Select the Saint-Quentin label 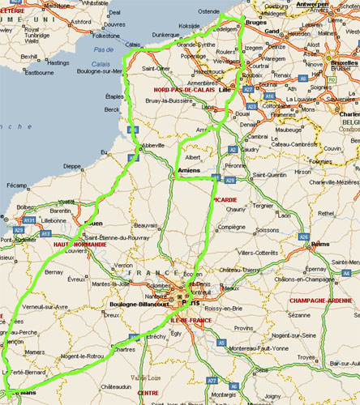[x=271, y=175]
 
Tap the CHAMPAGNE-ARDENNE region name [x=320, y=301]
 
